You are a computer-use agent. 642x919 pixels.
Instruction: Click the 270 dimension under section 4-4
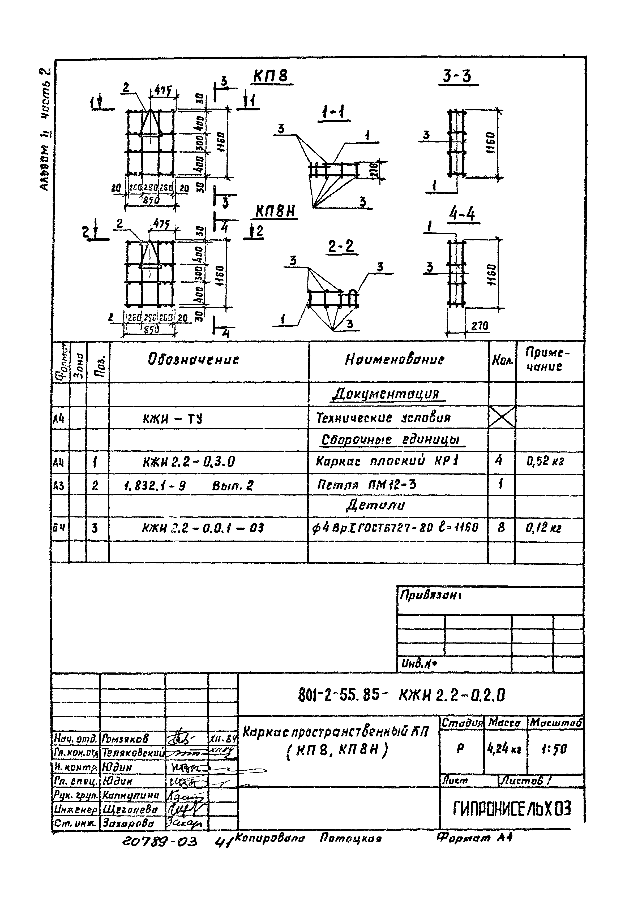coord(480,326)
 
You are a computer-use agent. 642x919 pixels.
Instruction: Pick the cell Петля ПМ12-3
coord(366,485)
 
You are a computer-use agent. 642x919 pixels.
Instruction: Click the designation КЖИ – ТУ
coord(173,419)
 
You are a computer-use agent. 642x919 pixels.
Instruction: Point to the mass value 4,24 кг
coord(505,748)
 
